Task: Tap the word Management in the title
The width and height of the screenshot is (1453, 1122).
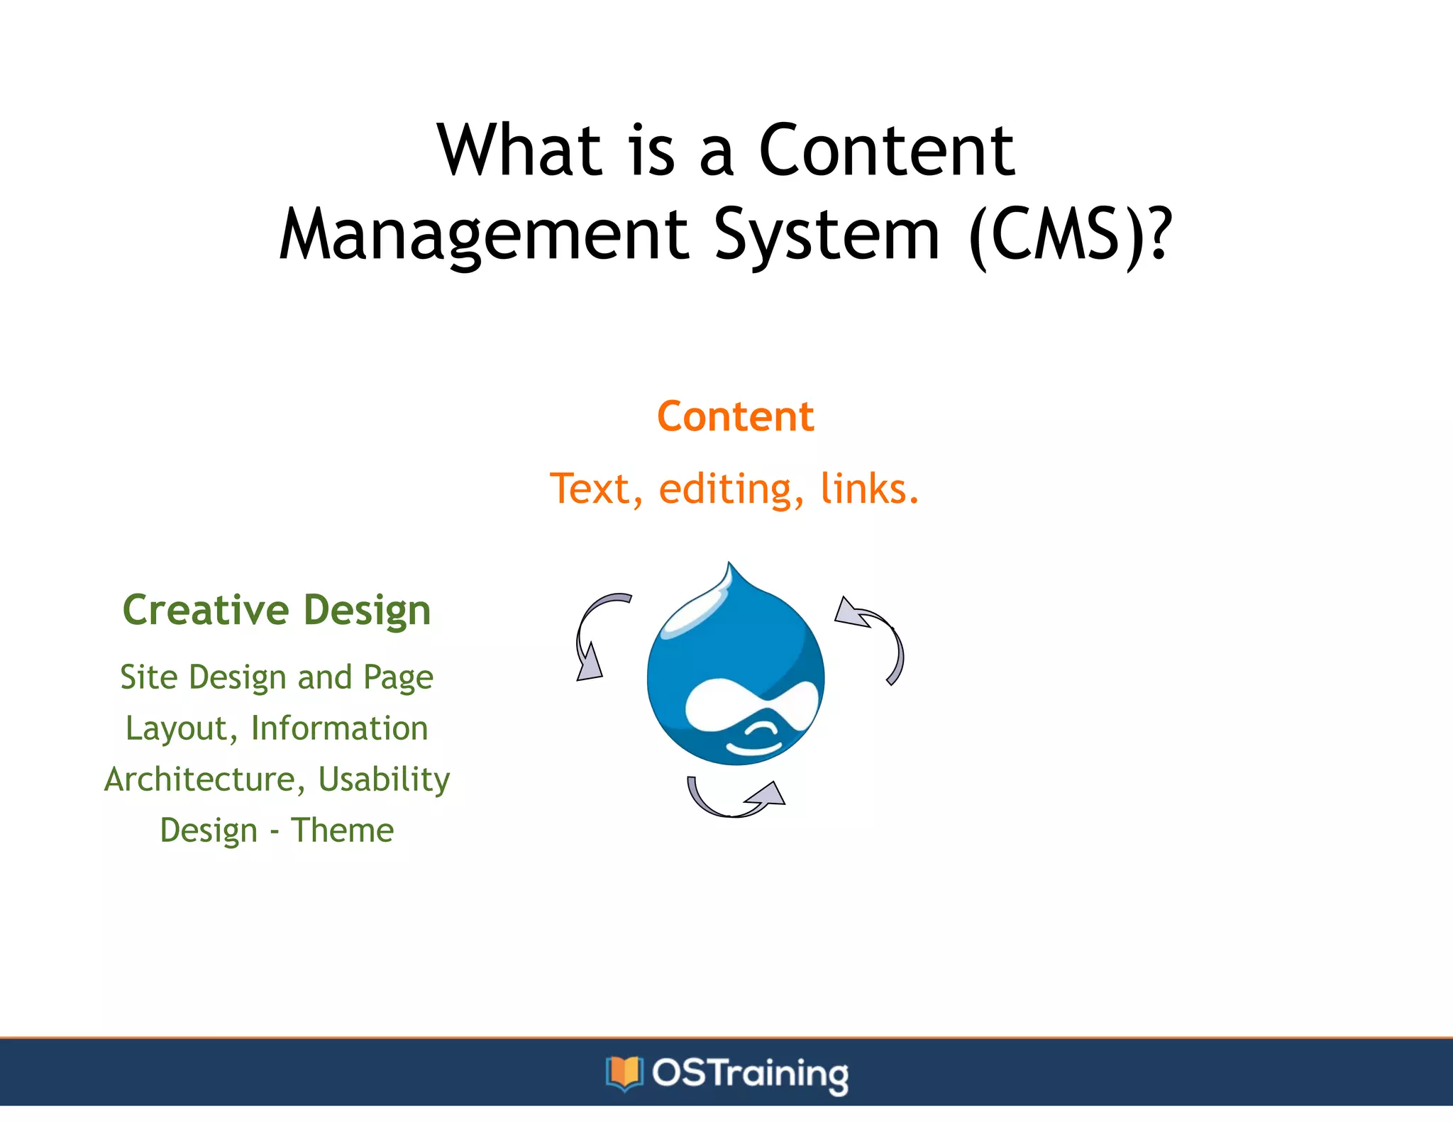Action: tap(483, 236)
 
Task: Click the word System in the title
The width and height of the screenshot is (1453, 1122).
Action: tap(827, 236)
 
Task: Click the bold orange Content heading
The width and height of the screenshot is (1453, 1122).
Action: tap(735, 416)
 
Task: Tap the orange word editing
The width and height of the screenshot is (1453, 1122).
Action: tap(731, 489)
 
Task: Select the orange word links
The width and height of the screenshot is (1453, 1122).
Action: tap(869, 489)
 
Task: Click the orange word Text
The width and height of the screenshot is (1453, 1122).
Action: tap(595, 489)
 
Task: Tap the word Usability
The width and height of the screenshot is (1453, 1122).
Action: tap(384, 779)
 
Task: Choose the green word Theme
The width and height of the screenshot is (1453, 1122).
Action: tap(342, 831)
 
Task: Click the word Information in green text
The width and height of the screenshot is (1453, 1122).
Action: tap(339, 728)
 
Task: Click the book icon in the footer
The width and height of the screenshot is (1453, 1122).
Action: tap(624, 1072)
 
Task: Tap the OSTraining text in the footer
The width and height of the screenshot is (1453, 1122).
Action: tap(750, 1073)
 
